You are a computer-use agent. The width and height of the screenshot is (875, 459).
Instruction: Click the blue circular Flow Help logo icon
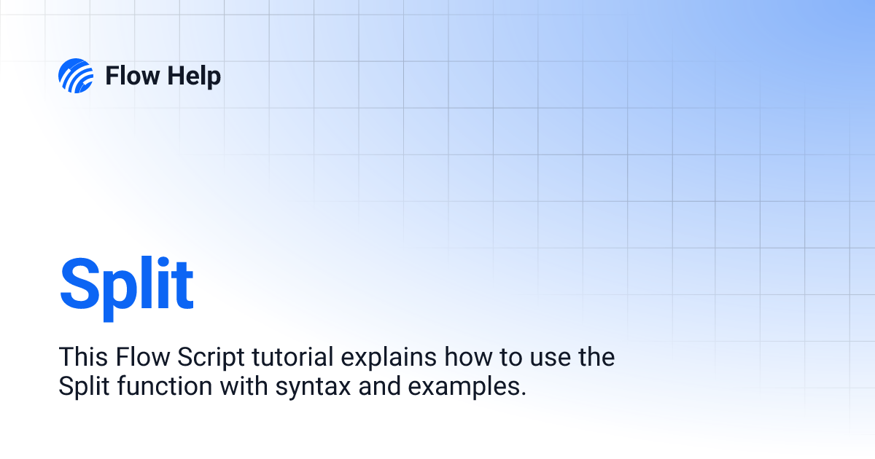tap(76, 76)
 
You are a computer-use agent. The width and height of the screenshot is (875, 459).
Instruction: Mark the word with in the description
tap(245, 387)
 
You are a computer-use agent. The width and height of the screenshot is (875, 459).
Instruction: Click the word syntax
tap(313, 387)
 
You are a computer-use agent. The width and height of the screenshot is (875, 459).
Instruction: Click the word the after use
tap(594, 358)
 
